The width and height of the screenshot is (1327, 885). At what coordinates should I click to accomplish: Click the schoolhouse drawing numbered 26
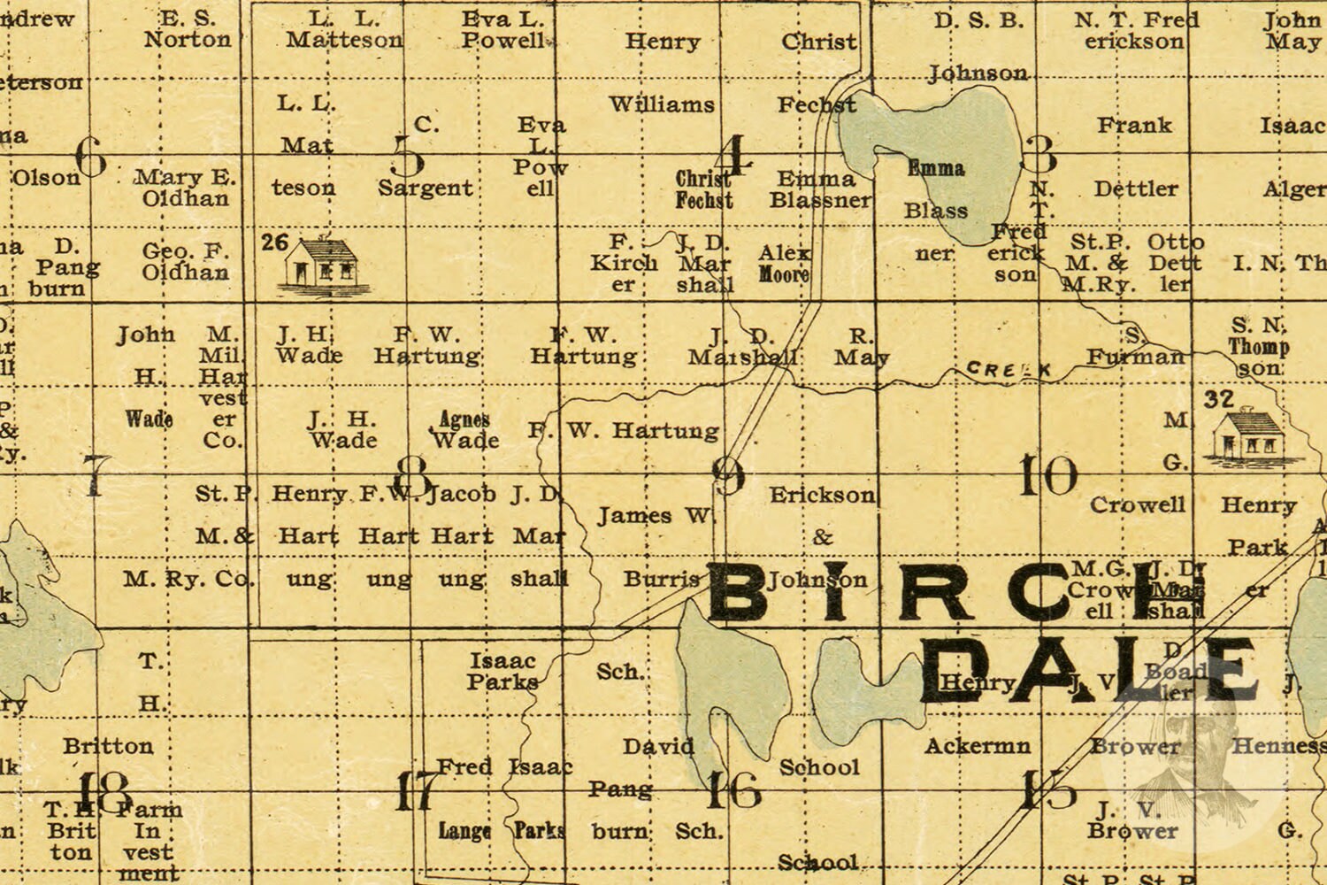coord(318,265)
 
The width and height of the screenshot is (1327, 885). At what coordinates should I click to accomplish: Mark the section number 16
coord(733,790)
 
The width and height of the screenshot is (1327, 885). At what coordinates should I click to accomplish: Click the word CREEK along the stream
coord(1009,369)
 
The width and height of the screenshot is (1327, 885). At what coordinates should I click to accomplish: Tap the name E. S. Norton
coord(188,29)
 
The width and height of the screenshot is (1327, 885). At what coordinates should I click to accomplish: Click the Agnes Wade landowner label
coord(464,430)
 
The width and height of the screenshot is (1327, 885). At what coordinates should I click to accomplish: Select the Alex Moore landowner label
coord(784,264)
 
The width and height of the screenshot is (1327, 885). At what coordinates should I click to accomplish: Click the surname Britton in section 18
coord(108,746)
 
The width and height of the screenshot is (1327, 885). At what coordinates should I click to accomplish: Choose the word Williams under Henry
coord(662,104)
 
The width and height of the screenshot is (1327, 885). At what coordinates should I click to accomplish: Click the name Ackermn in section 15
coord(978,746)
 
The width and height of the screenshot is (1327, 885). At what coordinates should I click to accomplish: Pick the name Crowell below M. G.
coord(1137,504)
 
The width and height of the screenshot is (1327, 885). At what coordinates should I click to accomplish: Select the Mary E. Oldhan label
coord(186,188)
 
